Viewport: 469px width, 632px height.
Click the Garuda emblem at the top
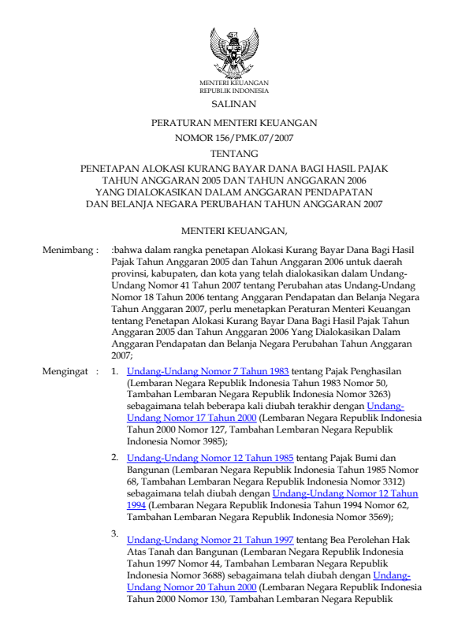(x=234, y=50)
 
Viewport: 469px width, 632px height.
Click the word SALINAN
(x=234, y=104)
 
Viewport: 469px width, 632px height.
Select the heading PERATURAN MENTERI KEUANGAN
(x=234, y=124)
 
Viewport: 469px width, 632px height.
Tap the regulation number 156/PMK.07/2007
(x=234, y=139)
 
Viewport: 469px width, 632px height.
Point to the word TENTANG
(x=234, y=154)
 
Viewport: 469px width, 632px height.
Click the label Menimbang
(x=69, y=250)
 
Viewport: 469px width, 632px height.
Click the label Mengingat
(x=69, y=370)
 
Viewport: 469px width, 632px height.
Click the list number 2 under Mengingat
(x=114, y=456)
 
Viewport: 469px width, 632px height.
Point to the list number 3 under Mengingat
(x=114, y=534)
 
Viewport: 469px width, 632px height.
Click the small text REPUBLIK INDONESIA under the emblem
(x=234, y=91)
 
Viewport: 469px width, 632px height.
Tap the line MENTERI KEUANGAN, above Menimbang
(x=234, y=229)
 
